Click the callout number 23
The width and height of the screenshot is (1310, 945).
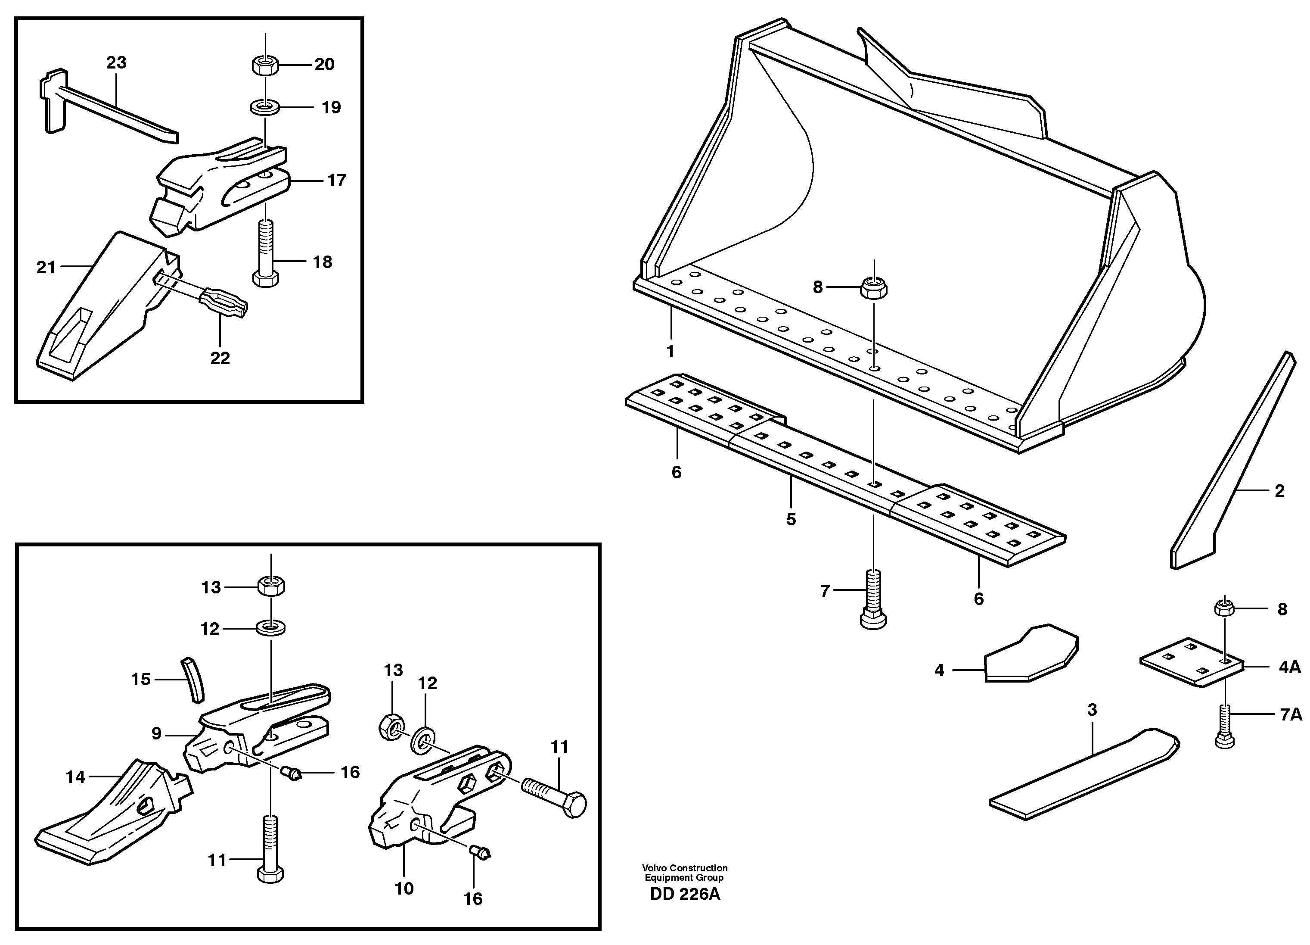(116, 62)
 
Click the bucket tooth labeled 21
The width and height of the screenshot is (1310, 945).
(107, 306)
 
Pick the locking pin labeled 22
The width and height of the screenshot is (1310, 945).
(222, 302)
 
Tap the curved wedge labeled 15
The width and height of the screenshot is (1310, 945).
(193, 680)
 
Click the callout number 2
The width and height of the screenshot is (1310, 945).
(1279, 491)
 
